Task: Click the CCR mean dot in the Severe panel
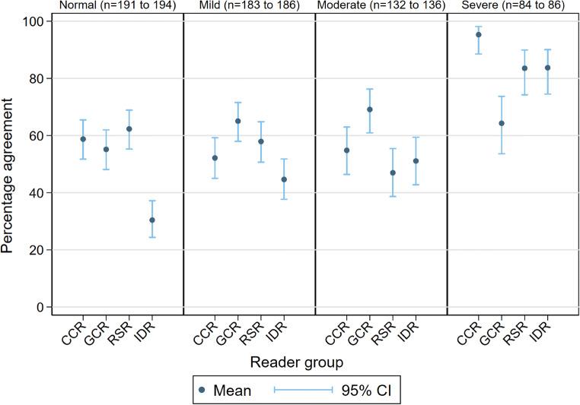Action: (479, 34)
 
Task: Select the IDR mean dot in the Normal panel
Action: (152, 220)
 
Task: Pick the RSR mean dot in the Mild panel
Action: (261, 141)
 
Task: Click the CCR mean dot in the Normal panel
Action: (83, 139)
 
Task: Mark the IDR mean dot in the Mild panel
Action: (284, 179)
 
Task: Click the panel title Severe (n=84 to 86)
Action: (512, 6)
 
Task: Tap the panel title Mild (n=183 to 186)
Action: (249, 6)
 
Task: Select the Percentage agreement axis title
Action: (11, 164)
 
